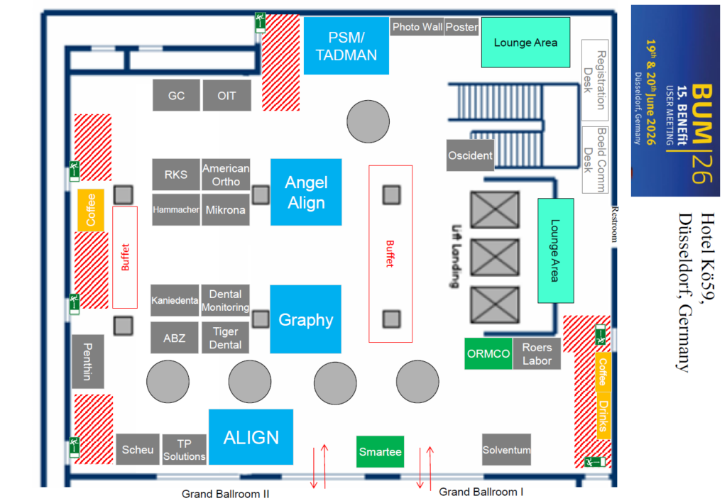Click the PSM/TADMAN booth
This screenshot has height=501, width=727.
346,46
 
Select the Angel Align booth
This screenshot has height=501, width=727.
306,192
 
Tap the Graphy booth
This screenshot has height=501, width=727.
305,319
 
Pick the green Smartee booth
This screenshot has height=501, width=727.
381,451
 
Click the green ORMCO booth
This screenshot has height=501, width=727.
488,353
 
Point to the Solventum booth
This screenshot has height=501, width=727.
506,450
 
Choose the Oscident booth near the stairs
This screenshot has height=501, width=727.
470,155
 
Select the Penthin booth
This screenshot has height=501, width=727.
87,361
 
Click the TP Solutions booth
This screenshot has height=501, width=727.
184,450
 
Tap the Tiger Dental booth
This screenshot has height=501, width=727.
225,338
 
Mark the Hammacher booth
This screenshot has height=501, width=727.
176,209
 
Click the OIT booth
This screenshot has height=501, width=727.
226,96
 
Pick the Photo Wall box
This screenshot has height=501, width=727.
417,27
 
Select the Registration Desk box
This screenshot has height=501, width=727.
595,80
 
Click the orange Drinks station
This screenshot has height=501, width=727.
603,416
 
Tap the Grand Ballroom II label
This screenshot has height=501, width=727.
225,494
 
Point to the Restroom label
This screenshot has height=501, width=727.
614,224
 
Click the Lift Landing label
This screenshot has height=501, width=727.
457,256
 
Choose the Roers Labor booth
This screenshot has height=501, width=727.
537,353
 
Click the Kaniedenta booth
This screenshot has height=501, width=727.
175,300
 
